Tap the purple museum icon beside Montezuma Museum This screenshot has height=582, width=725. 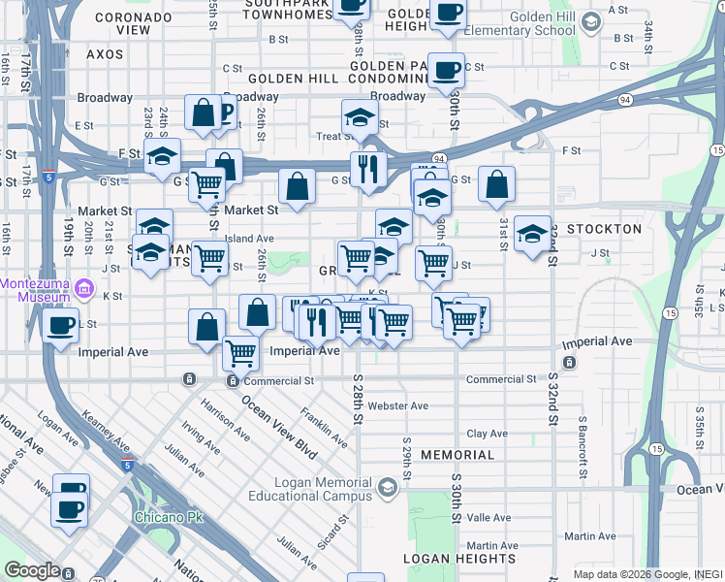pos(84,288)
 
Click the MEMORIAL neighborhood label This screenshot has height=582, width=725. pos(458,454)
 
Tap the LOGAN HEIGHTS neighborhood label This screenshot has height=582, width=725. pos(459,559)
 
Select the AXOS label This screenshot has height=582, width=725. pos(105,54)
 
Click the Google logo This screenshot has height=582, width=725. pos(33,570)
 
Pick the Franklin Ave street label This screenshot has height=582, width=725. pos(324,426)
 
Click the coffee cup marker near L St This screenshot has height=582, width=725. pos(61,326)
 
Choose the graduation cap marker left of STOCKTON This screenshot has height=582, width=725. pos(532,234)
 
